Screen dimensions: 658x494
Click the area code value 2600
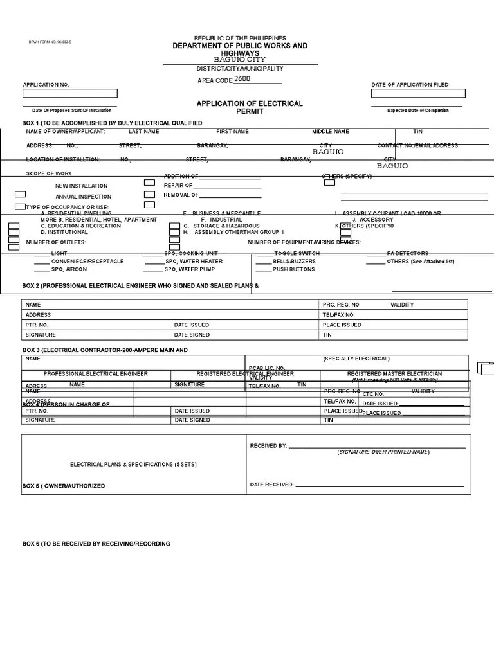click(x=242, y=79)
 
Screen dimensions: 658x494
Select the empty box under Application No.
click(x=70, y=94)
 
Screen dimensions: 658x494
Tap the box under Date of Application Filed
click(x=417, y=94)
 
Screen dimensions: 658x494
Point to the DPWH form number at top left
click(x=41, y=42)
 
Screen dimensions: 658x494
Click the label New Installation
click(x=81, y=186)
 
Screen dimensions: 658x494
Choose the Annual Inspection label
click(x=83, y=197)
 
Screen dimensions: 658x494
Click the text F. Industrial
click(x=221, y=220)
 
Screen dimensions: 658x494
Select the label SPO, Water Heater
click(x=194, y=262)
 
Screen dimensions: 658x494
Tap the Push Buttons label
click(x=293, y=269)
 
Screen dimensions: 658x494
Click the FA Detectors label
click(x=407, y=254)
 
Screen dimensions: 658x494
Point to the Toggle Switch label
click(x=297, y=254)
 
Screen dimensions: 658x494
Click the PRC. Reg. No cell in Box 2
click(x=342, y=305)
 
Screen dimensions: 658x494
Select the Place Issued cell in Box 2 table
click(x=342, y=325)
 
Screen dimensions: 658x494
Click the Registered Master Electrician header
click(x=394, y=373)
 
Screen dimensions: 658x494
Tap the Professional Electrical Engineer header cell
click(x=96, y=373)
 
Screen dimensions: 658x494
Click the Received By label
click(x=268, y=445)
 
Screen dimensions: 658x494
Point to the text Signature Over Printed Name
click(x=383, y=452)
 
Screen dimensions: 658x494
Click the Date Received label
click(x=271, y=485)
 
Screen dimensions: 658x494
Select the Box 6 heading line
click(x=96, y=544)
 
